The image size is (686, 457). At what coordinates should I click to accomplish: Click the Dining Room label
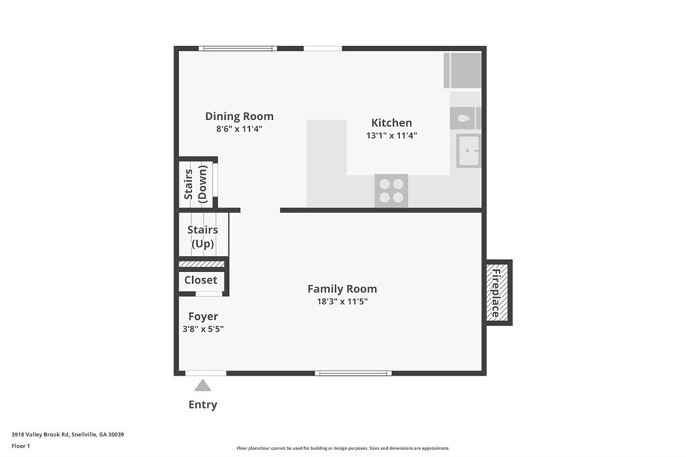(x=239, y=117)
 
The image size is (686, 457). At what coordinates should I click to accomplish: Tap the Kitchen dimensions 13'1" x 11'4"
(x=391, y=135)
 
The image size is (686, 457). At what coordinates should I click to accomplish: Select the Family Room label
(x=342, y=289)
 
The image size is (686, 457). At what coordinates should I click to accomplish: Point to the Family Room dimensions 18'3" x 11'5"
(x=342, y=301)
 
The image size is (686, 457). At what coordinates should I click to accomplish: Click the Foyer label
(x=203, y=316)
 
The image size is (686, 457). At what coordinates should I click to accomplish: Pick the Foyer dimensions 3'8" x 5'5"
(x=203, y=329)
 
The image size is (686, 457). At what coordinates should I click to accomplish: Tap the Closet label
(x=201, y=280)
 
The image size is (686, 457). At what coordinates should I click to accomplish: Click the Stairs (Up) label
(x=202, y=237)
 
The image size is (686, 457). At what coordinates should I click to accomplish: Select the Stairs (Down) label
(x=195, y=184)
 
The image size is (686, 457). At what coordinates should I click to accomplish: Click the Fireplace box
(x=498, y=292)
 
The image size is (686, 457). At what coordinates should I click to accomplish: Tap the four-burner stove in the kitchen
(x=391, y=190)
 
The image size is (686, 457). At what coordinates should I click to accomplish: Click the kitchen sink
(x=468, y=151)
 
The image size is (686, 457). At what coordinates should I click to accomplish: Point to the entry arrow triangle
(x=202, y=385)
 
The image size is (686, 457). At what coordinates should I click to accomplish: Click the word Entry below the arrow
(x=202, y=405)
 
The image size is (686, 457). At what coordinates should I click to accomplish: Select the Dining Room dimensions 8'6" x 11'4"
(x=239, y=129)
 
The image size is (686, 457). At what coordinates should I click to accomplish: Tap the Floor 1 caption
(x=21, y=446)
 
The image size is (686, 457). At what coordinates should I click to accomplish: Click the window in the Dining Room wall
(x=238, y=49)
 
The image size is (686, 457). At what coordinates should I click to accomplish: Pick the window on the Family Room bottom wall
(x=353, y=373)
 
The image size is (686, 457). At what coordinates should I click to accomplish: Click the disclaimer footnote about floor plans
(x=343, y=448)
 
